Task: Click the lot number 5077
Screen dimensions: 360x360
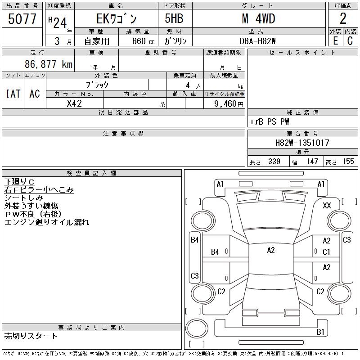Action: pos(22,19)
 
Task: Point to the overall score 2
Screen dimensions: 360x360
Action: pos(343,19)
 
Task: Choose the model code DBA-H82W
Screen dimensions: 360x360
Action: pos(258,40)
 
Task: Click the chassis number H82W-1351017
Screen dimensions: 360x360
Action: pos(302,143)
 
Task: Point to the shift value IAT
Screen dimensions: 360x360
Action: pos(13,94)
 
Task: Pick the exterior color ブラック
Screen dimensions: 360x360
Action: pos(97,85)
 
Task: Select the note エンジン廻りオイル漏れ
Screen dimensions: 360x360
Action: pos(47,222)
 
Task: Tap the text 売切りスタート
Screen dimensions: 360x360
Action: pos(31,336)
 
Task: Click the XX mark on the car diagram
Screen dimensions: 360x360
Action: pos(327,206)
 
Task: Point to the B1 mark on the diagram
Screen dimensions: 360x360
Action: pos(320,332)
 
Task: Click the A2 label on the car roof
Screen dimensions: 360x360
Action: pos(270,250)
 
